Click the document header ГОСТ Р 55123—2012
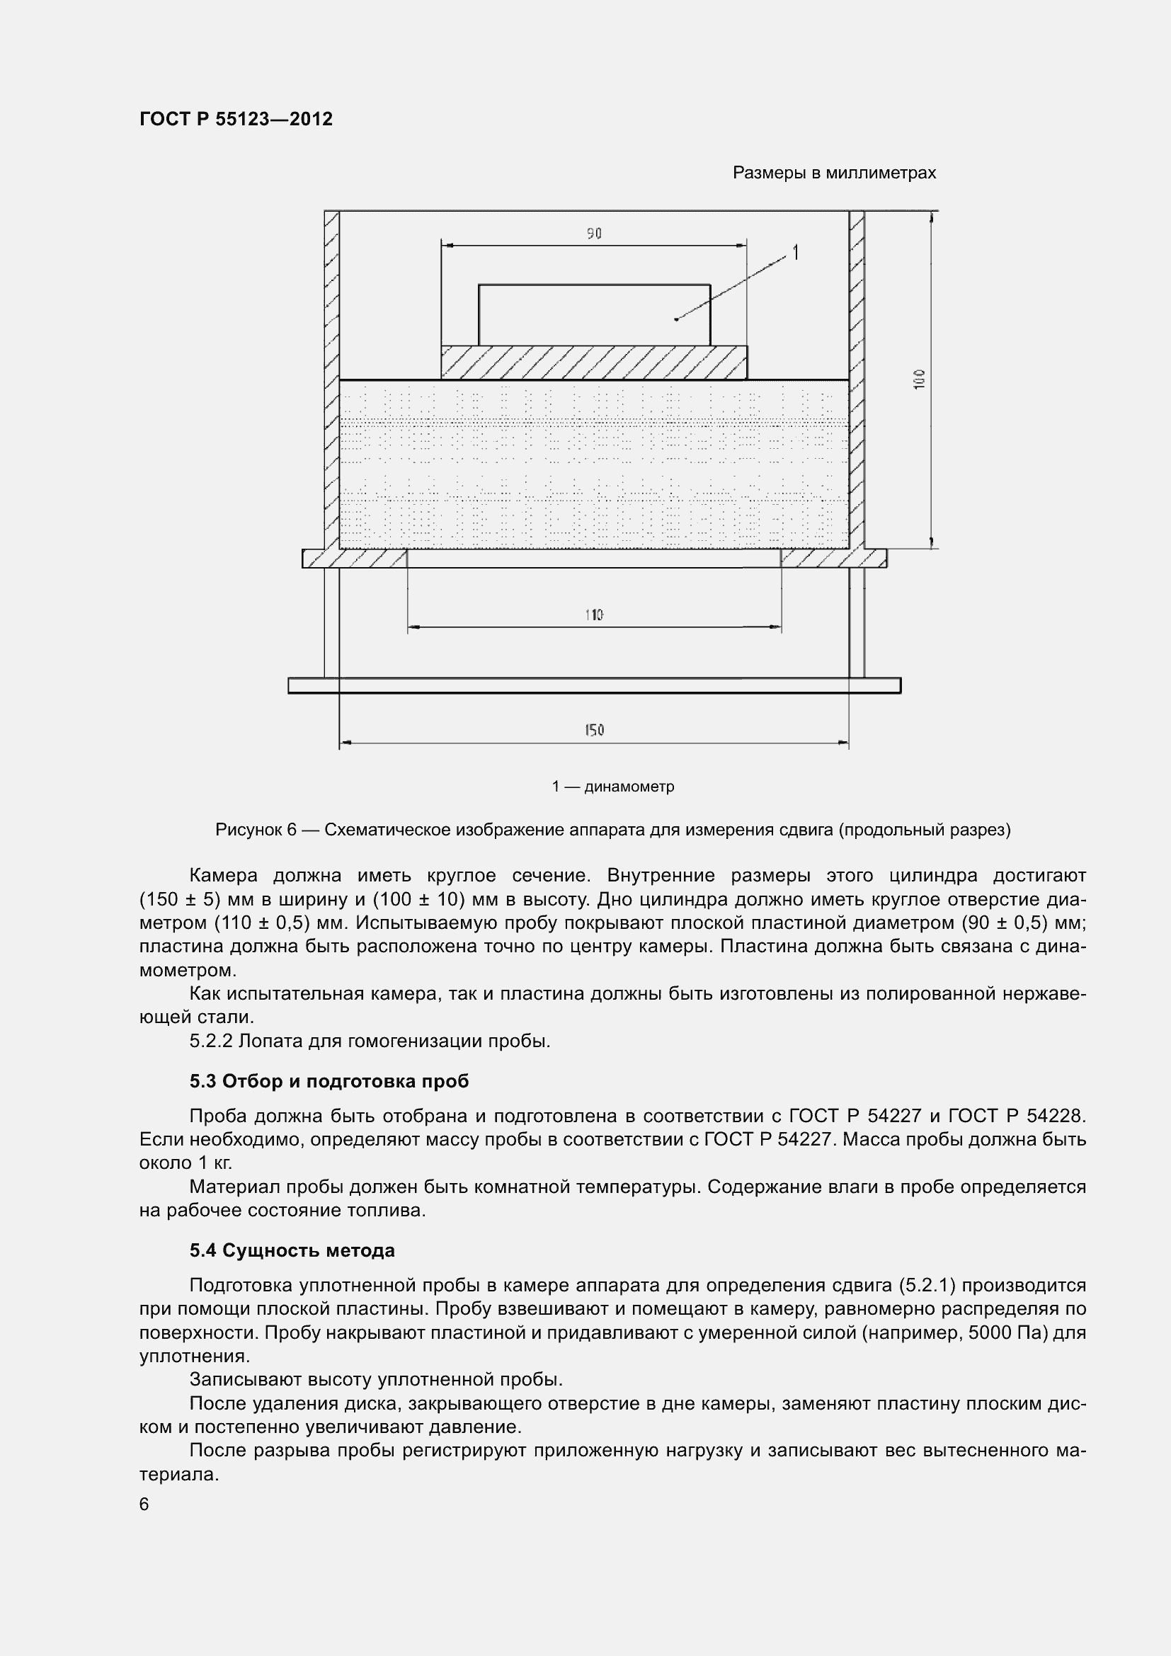[x=236, y=119]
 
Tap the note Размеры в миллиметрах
[x=833, y=173]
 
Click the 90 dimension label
[x=593, y=233]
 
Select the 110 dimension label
[x=593, y=615]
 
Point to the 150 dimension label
[x=593, y=730]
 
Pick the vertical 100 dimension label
[x=919, y=379]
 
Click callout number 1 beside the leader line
[x=795, y=253]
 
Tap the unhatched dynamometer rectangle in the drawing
[x=593, y=315]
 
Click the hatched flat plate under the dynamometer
[x=593, y=362]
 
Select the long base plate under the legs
[x=593, y=685]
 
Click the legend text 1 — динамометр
[x=613, y=786]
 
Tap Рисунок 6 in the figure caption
[x=256, y=830]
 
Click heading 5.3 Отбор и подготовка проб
[x=329, y=1080]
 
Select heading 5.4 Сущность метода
[x=292, y=1250]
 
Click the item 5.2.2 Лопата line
[x=369, y=1041]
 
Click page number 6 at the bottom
[x=144, y=1504]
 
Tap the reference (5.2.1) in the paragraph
[x=927, y=1285]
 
